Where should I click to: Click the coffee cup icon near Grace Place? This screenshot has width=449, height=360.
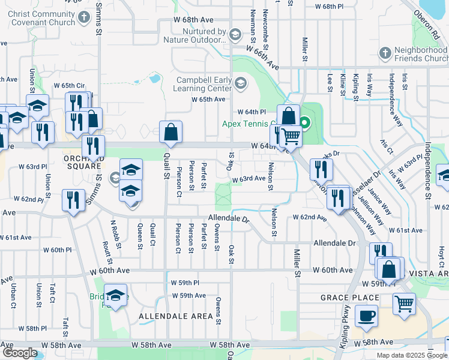tap(366, 316)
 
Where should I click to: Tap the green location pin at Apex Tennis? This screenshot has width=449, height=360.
tap(304, 124)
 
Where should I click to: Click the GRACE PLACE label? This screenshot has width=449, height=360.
tap(350, 298)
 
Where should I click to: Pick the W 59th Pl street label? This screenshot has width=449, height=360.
tap(184, 282)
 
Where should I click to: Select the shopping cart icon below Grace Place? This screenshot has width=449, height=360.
tap(404, 303)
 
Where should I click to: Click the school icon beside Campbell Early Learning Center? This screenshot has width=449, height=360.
tap(241, 83)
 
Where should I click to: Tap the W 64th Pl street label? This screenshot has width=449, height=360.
tap(251, 112)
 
